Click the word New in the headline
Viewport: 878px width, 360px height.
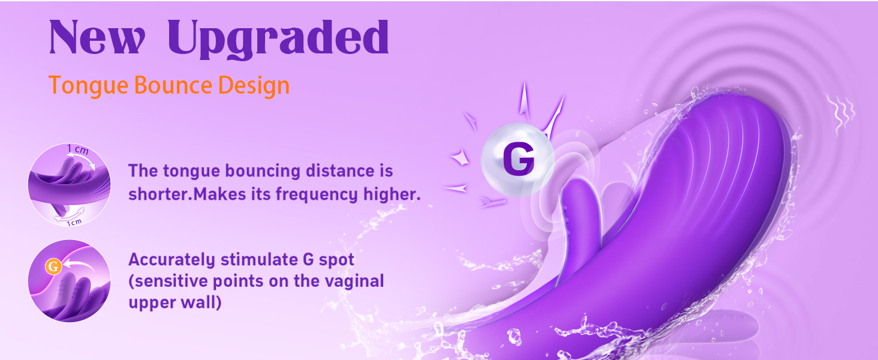coord(97,38)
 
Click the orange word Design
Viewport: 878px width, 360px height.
coord(254,86)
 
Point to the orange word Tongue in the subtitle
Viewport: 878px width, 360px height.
coord(89,86)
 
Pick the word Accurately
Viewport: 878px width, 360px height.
coord(172,260)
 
